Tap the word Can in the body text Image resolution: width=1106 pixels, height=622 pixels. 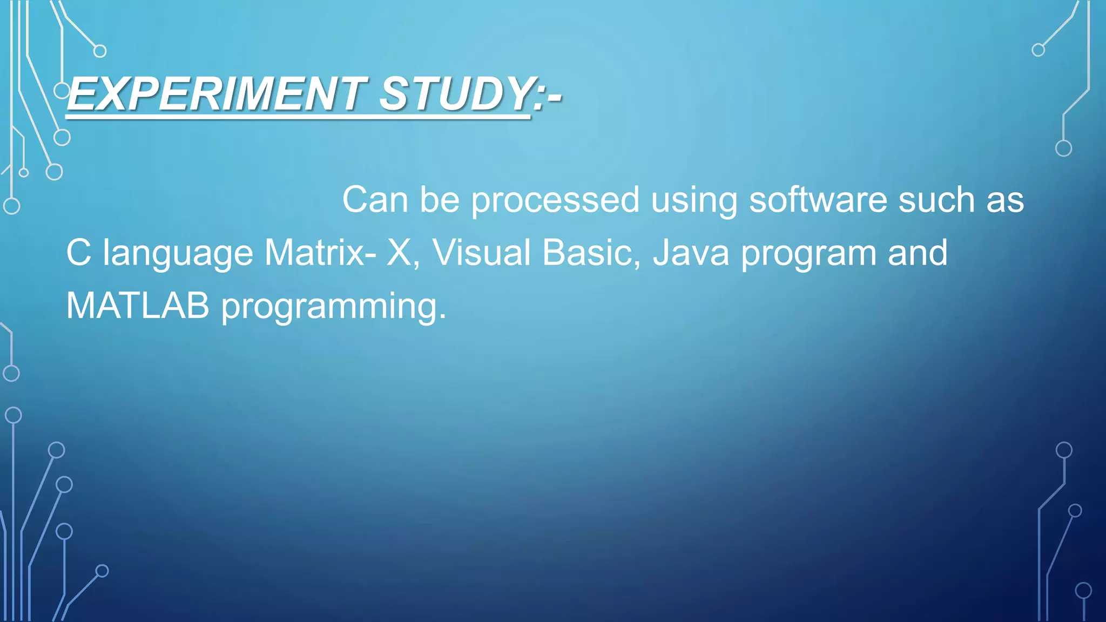(x=375, y=200)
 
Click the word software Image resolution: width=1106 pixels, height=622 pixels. (x=818, y=200)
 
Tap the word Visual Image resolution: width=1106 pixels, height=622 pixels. (x=481, y=253)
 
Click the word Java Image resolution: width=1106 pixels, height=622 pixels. (x=691, y=253)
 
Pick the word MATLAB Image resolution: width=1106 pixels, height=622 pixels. (x=138, y=306)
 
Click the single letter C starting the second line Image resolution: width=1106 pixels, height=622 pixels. (x=79, y=253)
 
